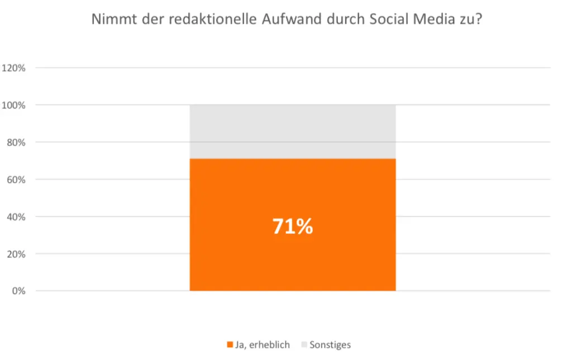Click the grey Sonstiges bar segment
(293, 131)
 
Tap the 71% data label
(293, 226)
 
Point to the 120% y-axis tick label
(14, 68)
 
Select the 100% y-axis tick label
(14, 105)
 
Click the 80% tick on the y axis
(16, 143)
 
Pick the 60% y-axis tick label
(16, 179)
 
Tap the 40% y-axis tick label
(16, 217)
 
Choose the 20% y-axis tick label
(16, 254)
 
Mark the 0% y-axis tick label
(18, 291)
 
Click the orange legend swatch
(230, 345)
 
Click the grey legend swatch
(304, 345)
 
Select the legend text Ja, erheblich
(262, 345)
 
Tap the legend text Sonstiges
(330, 345)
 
